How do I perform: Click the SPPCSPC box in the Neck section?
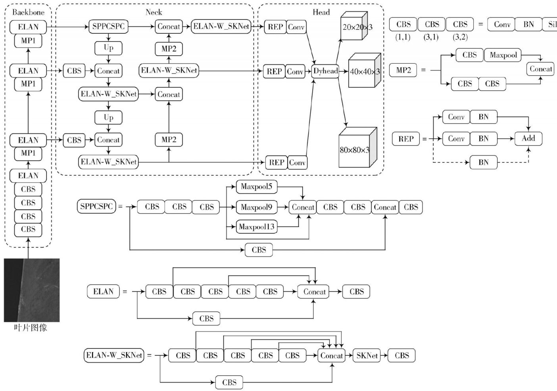click(x=108, y=26)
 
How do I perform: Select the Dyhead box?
click(x=325, y=71)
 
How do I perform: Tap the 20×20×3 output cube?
click(x=354, y=26)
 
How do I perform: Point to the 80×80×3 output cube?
click(x=358, y=147)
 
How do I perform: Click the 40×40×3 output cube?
click(x=365, y=70)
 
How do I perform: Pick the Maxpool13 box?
click(x=256, y=226)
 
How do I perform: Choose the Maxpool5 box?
click(x=256, y=186)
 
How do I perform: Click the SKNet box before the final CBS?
click(x=367, y=355)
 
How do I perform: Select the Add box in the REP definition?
click(x=528, y=138)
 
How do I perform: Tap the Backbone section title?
click(x=28, y=12)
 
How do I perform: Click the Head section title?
click(x=321, y=12)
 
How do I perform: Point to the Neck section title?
click(x=154, y=12)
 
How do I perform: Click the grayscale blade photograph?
click(x=32, y=290)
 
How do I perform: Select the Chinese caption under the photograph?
click(x=30, y=328)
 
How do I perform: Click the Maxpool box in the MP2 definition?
click(x=503, y=55)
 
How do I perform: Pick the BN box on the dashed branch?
click(x=483, y=163)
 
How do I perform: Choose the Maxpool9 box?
click(x=256, y=207)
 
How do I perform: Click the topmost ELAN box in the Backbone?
click(x=28, y=27)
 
